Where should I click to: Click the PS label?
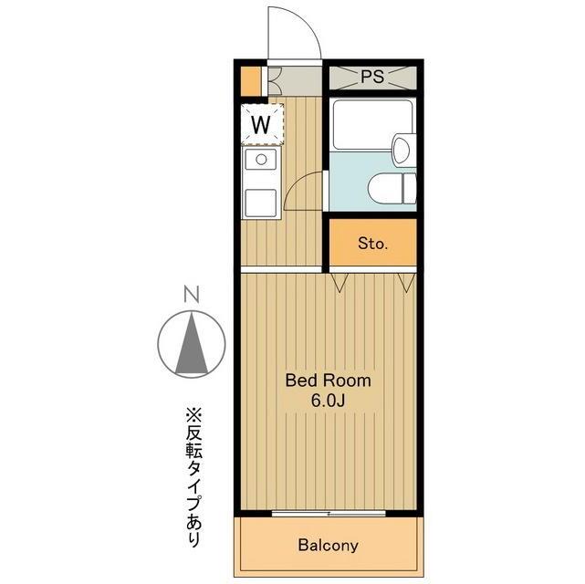pos(371,77)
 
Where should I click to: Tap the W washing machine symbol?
pos(262,123)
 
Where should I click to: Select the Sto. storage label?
pos(372,244)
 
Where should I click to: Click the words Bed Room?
pos(329,381)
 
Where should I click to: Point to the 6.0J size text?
pos(329,401)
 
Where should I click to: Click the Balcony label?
pos(328,546)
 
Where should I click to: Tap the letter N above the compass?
pos(191,295)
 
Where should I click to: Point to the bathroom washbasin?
pos(402,150)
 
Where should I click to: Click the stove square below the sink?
pos(262,200)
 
